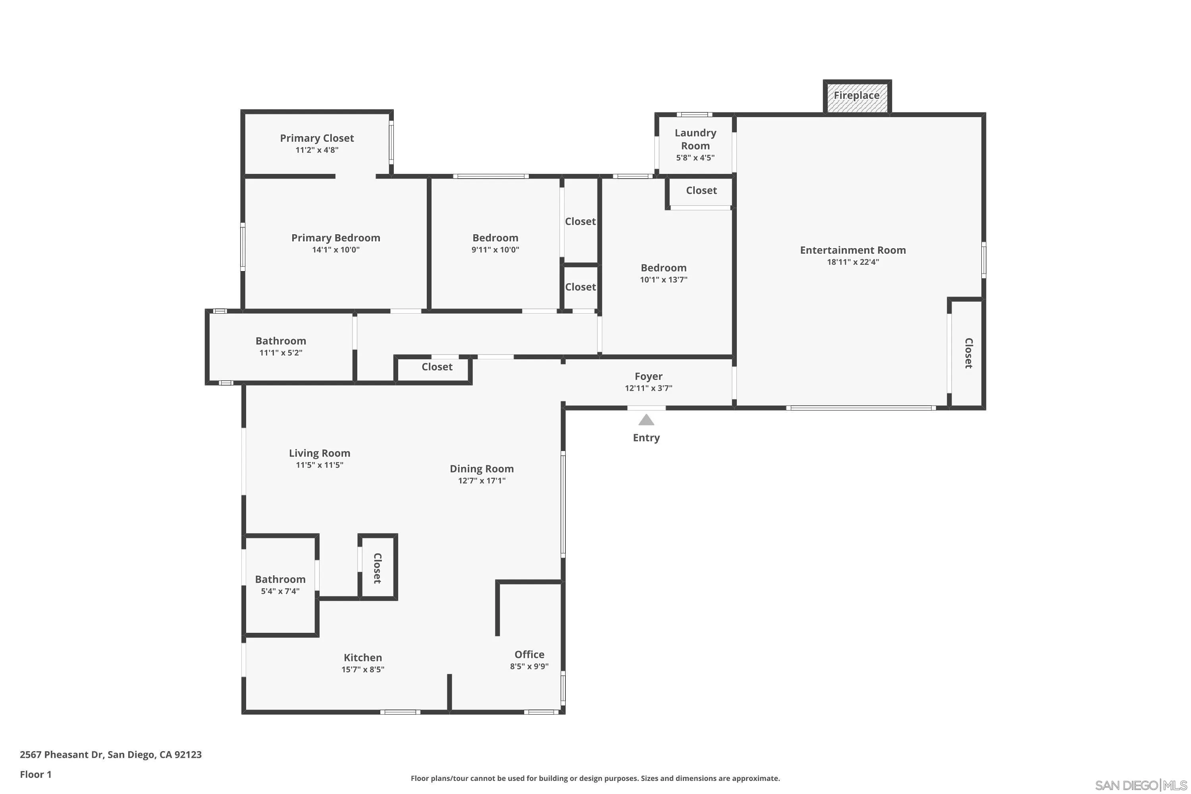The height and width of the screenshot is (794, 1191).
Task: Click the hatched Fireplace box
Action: click(857, 96)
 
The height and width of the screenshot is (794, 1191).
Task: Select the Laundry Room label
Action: click(695, 139)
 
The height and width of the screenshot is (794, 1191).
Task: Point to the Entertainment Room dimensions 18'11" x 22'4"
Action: click(853, 262)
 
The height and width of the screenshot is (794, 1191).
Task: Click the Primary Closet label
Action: click(317, 138)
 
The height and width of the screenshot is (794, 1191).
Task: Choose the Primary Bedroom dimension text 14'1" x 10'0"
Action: click(336, 250)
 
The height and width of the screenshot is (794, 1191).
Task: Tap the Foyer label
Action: click(648, 376)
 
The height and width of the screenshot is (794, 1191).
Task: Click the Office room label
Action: click(529, 654)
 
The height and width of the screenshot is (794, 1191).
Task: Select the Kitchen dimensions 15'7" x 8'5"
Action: click(362, 669)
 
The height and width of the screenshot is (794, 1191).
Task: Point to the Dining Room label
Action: click(482, 469)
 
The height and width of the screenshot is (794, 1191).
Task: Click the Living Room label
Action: click(320, 453)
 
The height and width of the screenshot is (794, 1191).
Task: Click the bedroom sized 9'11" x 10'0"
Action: click(495, 243)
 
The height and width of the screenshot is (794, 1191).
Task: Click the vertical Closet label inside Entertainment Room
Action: click(968, 353)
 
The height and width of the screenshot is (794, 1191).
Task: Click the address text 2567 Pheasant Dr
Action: click(110, 755)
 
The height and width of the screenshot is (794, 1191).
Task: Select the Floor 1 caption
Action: click(35, 774)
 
